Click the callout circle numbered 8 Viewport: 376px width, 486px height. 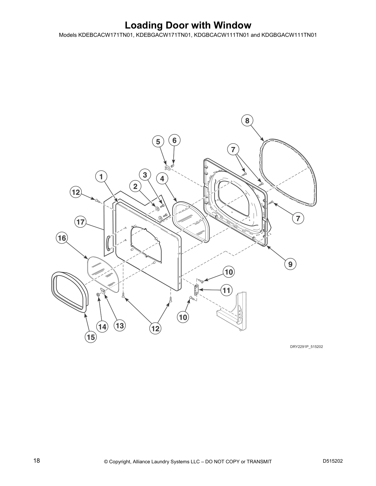click(x=247, y=121)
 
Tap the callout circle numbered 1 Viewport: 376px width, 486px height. click(x=101, y=177)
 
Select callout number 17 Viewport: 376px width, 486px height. click(x=80, y=222)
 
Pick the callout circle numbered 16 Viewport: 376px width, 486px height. click(x=62, y=238)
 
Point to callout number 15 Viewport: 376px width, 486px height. click(x=91, y=337)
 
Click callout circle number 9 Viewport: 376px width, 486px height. click(x=290, y=264)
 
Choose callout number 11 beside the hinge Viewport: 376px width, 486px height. click(x=227, y=290)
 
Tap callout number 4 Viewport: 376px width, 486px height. click(x=162, y=178)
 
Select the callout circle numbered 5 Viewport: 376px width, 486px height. click(x=158, y=142)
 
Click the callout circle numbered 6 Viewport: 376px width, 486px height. click(x=174, y=140)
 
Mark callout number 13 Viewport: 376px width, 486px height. click(x=120, y=326)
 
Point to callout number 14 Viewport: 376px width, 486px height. click(x=102, y=327)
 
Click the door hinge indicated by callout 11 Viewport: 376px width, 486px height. click(x=196, y=290)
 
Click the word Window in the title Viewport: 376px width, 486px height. click(x=232, y=25)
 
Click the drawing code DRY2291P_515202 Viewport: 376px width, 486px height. click(x=307, y=347)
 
